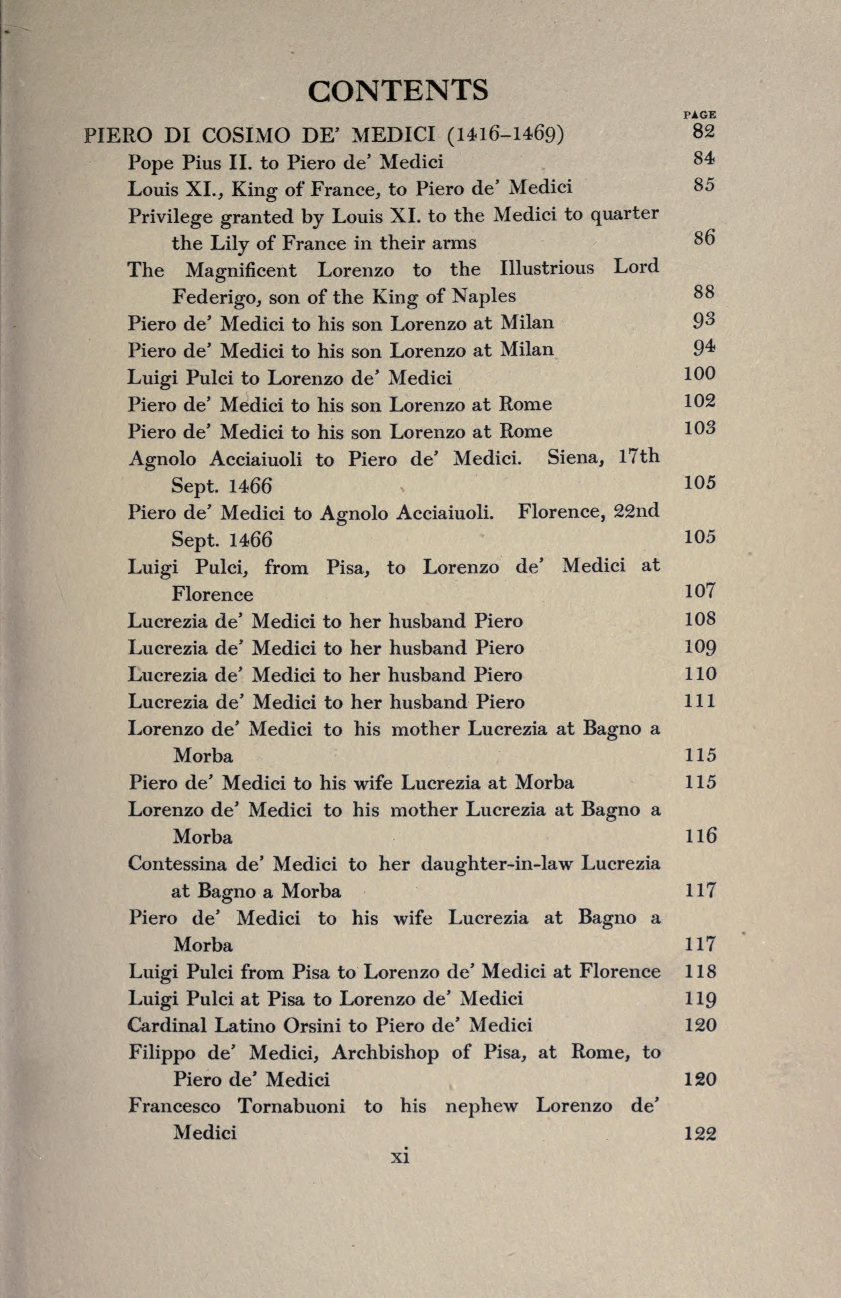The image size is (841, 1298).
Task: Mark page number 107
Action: [x=699, y=591]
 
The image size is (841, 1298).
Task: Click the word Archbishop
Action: [x=386, y=1053]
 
